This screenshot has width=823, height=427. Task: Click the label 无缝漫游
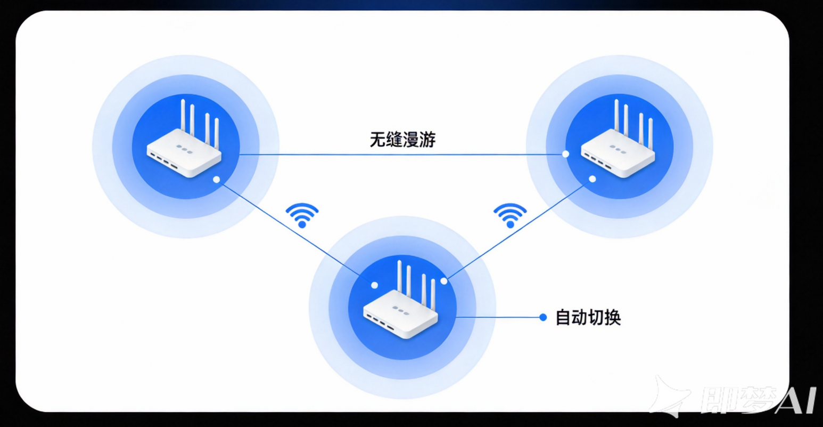(x=402, y=140)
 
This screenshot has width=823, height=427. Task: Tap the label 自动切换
(x=588, y=318)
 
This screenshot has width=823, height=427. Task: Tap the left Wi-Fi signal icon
(x=302, y=215)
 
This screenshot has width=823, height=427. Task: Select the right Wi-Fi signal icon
(x=510, y=215)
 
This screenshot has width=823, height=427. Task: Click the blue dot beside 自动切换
(x=543, y=317)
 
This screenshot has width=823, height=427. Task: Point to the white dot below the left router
(x=216, y=180)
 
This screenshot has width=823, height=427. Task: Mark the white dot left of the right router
(x=565, y=154)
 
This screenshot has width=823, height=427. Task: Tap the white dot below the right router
(x=592, y=179)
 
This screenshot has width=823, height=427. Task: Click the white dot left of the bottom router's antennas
(x=375, y=285)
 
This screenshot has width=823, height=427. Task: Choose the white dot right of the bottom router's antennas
(x=444, y=281)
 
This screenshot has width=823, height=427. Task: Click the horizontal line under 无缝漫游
(x=402, y=155)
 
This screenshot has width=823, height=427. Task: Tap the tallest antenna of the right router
(x=616, y=115)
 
